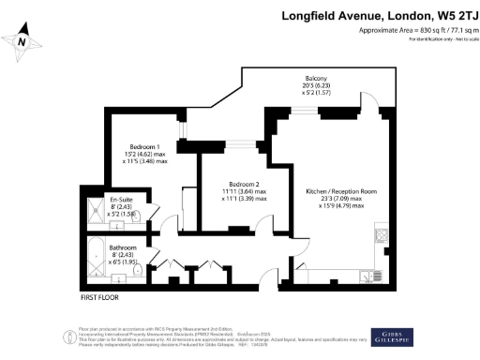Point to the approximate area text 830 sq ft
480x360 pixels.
415,31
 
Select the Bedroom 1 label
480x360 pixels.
144,147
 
